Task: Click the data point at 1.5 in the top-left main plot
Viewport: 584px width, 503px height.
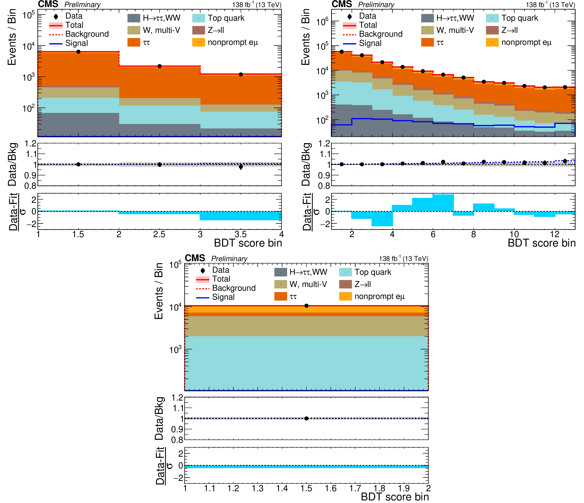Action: [78, 52]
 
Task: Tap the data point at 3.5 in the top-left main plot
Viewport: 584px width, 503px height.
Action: [241, 75]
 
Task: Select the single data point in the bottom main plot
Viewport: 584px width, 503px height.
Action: [306, 306]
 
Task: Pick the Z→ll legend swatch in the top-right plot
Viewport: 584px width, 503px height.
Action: [492, 30]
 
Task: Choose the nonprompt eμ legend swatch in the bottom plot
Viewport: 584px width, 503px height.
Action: [345, 296]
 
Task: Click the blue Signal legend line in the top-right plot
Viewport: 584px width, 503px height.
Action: [349, 44]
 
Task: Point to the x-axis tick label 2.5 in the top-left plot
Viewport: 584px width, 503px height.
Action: [159, 235]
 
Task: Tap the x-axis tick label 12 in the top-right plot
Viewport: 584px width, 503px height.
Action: [555, 235]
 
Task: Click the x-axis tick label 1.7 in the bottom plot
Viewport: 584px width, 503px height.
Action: [355, 489]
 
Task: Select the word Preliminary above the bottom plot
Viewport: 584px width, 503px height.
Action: [229, 259]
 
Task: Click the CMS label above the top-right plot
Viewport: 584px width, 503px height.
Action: [342, 4]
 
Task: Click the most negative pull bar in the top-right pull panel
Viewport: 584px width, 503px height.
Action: [382, 219]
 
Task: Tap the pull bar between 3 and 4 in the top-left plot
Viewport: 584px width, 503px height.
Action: [241, 216]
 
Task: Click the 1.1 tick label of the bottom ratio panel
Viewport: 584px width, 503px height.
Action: [178, 408]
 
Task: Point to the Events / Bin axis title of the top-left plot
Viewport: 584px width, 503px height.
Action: [12, 37]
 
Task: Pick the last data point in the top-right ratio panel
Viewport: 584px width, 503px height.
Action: [565, 161]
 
